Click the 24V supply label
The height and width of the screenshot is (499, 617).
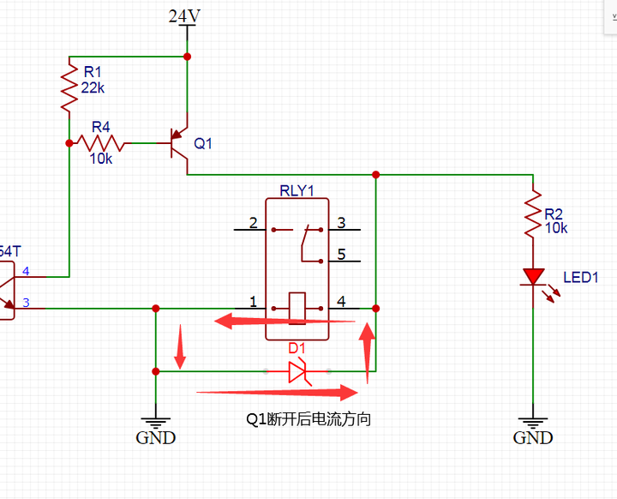184,15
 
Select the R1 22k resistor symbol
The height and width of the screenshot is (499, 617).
69,88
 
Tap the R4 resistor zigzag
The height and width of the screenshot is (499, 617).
101,143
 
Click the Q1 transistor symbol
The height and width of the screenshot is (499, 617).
178,143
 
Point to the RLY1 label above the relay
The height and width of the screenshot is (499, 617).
297,190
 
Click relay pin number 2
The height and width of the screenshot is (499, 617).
253,223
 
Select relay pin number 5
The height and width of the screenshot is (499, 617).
341,255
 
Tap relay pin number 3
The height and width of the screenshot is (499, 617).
341,223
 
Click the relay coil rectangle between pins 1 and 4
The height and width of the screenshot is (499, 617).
297,309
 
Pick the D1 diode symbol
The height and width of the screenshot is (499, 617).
297,371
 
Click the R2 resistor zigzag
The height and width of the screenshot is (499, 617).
533,213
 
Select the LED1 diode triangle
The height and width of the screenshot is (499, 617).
533,276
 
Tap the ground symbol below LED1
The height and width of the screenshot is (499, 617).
533,424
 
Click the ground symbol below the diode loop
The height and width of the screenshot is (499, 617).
156,424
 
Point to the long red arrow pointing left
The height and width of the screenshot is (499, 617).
285,321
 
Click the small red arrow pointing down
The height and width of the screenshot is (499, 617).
180,346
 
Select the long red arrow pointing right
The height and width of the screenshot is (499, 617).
277,393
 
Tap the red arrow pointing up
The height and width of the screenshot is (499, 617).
367,353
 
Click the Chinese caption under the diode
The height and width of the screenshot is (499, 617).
308,419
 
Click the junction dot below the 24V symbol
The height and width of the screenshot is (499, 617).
188,57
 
